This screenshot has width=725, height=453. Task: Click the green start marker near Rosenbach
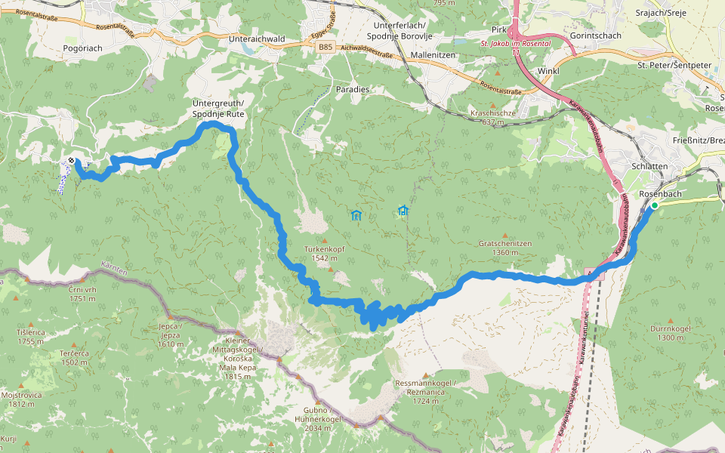pyautogui.click(x=655, y=205)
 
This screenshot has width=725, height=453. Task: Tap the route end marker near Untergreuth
pyautogui.click(x=70, y=161)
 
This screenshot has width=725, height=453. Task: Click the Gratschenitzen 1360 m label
pyautogui.click(x=505, y=248)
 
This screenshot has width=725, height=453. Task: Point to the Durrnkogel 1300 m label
pyautogui.click(x=670, y=333)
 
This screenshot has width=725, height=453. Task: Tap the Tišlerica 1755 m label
pyautogui.click(x=32, y=337)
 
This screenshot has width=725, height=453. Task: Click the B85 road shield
pyautogui.click(x=325, y=48)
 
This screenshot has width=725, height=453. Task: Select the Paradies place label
pyautogui.click(x=353, y=89)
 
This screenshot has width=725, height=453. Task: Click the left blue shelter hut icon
pyautogui.click(x=356, y=215)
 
